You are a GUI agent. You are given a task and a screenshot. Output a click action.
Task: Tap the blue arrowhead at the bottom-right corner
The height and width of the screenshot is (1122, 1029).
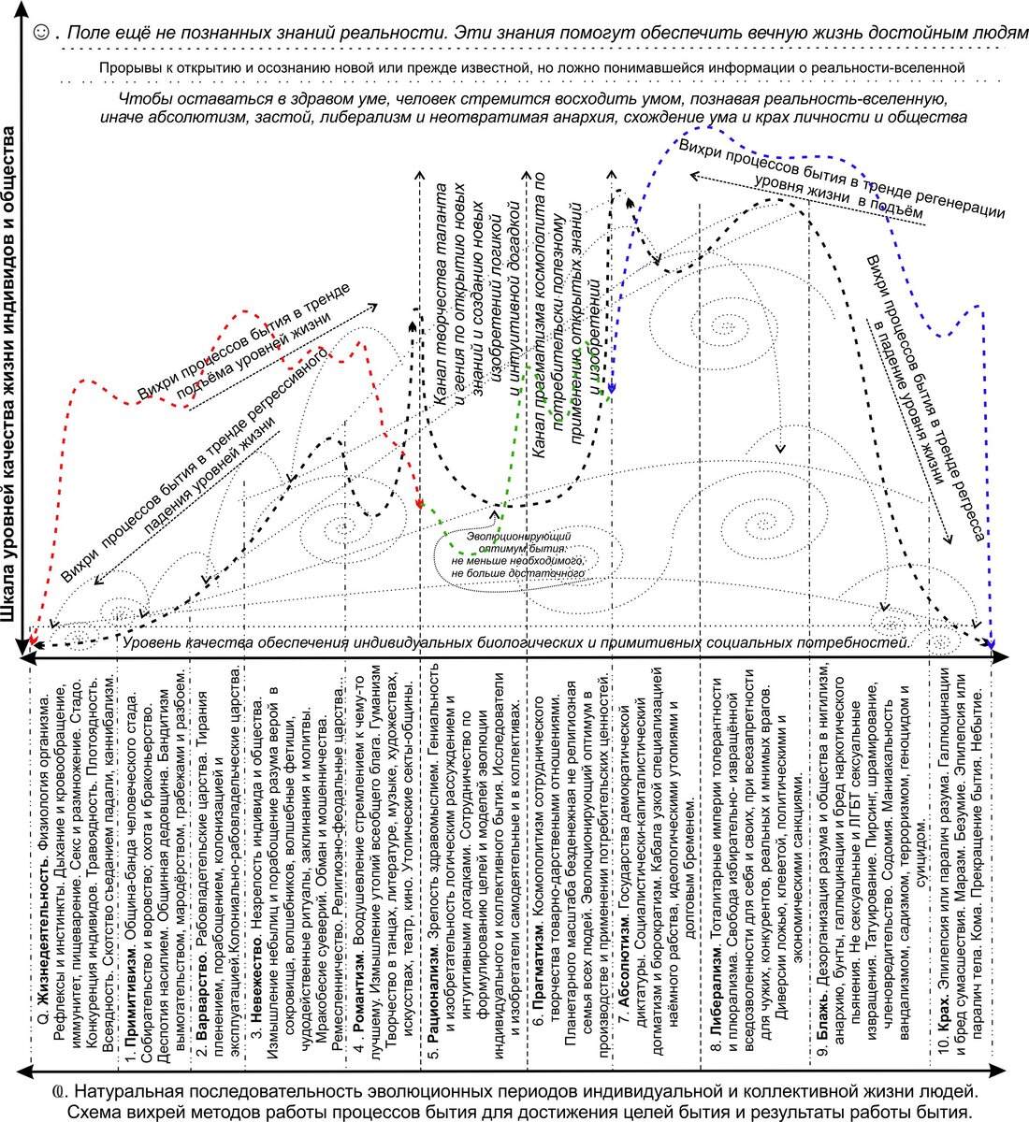tap(991, 641)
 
